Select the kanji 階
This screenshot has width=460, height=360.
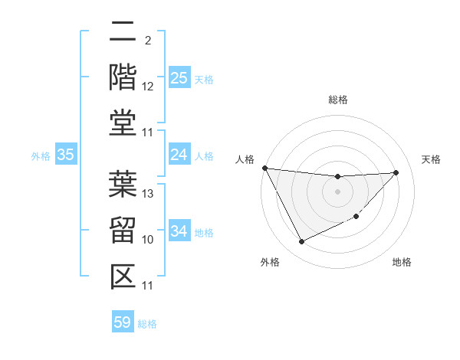(123, 77)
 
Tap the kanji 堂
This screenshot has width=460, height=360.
(123, 122)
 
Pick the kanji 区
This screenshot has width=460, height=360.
(123, 275)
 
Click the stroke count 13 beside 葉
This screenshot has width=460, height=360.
(149, 194)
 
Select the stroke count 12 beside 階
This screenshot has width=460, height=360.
(149, 87)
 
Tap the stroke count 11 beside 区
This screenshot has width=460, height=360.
(149, 286)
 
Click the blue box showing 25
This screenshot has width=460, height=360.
(179, 78)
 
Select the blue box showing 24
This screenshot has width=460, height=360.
(179, 155)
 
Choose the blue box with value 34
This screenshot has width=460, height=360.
(179, 232)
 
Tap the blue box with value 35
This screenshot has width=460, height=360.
(66, 155)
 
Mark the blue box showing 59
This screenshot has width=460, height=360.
(123, 322)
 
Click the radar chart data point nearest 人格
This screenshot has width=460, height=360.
(264, 168)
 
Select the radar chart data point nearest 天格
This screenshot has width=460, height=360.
(396, 172)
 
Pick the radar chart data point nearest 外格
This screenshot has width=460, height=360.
(301, 242)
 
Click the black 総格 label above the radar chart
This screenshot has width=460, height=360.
(337, 100)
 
